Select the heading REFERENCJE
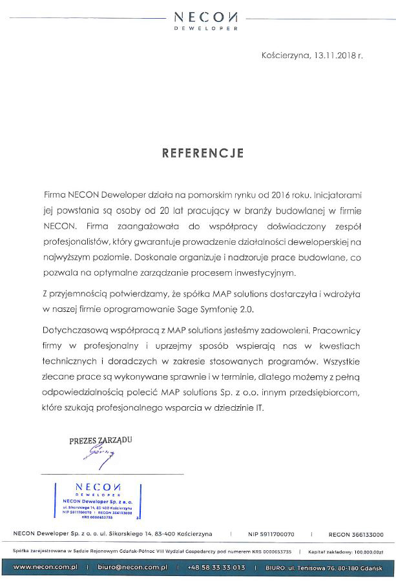[x=202, y=153]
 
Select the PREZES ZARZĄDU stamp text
[x=101, y=441]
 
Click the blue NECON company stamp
[x=99, y=500]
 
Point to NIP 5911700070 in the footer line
[x=271, y=535]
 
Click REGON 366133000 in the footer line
[x=355, y=535]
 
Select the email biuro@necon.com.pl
[x=132, y=567]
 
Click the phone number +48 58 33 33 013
[x=216, y=567]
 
